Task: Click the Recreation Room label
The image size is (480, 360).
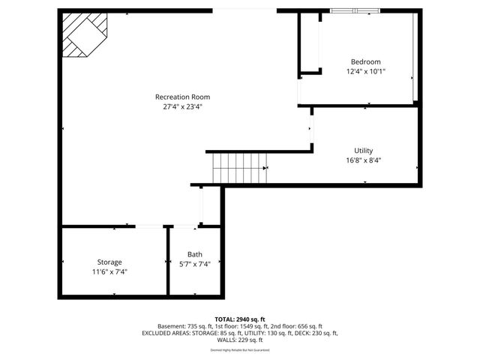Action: pos(182,97)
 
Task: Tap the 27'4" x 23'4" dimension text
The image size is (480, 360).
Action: pos(182,106)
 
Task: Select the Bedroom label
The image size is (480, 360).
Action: pos(366,61)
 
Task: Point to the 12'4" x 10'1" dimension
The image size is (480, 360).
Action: pos(366,72)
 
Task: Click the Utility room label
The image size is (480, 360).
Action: pos(364,150)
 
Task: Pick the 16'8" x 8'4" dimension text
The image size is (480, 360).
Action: pos(364,160)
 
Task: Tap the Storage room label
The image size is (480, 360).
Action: pos(109,262)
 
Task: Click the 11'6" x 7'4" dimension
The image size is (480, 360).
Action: pos(109,271)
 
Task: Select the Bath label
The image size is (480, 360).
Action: pos(195,254)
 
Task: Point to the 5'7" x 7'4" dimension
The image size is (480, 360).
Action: pos(195,263)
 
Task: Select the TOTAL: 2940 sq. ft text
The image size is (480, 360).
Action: pos(240,319)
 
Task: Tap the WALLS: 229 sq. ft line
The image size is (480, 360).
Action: pos(240,340)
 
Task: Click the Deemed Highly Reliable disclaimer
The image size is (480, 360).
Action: pos(240,349)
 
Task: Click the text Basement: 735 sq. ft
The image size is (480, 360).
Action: pos(186,326)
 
